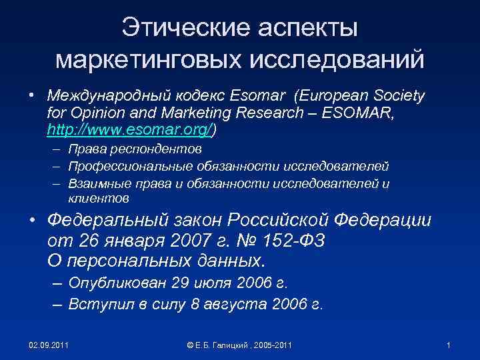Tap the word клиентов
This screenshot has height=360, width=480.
coord(99,199)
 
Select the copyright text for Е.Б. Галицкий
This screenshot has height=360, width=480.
coord(239,345)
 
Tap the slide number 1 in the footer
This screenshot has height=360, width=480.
coord(449,345)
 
